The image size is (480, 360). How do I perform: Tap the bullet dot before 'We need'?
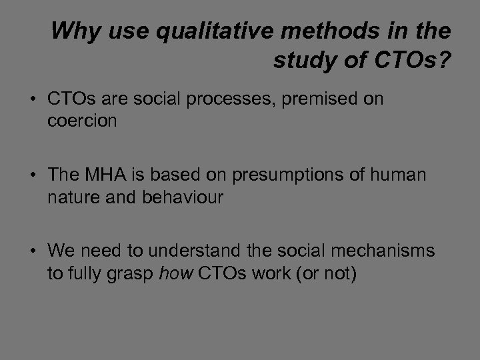click(x=33, y=251)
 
